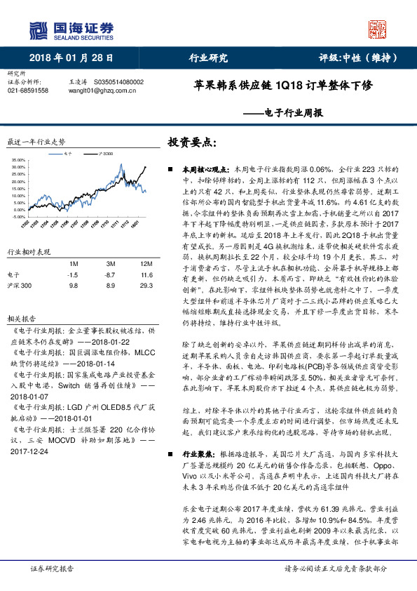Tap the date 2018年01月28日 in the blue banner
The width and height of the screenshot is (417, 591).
point(71,58)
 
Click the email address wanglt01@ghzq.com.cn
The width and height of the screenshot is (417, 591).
point(95,91)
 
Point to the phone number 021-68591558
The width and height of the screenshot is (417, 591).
point(28,91)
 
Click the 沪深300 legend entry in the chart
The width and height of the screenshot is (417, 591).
point(105,152)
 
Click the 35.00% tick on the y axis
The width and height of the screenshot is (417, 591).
point(18,161)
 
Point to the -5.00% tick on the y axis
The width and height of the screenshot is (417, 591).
point(18,218)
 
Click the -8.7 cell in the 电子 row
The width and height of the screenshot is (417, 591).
point(109,275)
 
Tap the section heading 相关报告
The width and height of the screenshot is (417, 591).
point(19,318)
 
